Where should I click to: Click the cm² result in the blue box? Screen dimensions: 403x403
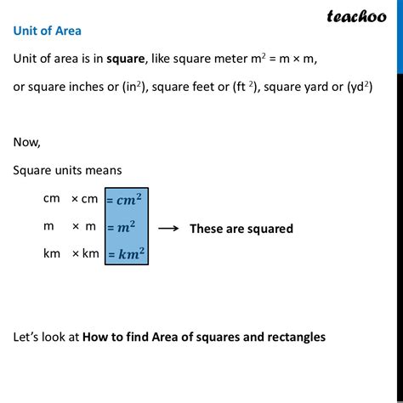click(127, 201)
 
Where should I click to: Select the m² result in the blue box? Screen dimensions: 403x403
click(123, 228)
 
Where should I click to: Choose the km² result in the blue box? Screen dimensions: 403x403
click(127, 254)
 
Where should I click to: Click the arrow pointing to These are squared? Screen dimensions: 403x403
click(167, 228)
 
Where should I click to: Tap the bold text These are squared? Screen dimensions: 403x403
click(241, 228)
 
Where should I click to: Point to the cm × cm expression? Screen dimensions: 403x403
click(71, 199)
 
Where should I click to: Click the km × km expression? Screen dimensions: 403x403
click(71, 253)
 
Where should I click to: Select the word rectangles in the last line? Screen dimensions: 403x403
click(296, 337)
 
